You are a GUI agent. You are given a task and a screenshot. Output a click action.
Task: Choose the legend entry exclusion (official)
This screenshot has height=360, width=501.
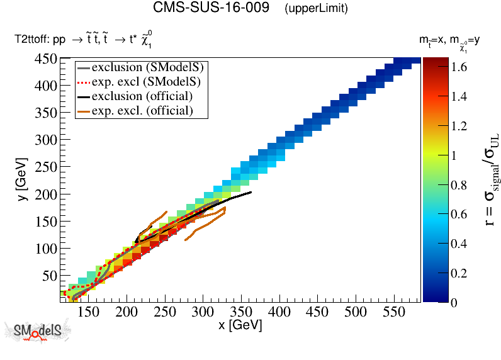click(x=142, y=96)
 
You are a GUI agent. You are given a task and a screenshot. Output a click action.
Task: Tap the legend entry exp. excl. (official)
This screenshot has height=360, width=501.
click(x=142, y=111)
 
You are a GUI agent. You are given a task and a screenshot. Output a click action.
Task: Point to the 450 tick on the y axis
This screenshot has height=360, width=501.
click(x=47, y=59)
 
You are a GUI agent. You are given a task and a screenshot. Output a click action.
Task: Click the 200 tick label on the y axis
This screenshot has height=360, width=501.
click(x=47, y=194)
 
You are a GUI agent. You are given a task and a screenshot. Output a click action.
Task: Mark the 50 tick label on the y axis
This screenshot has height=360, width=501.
click(x=50, y=276)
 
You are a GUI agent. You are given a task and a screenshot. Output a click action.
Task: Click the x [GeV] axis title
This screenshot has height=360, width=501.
click(x=239, y=325)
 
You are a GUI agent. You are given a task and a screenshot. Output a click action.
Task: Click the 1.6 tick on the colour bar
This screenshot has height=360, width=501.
click(x=461, y=67)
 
